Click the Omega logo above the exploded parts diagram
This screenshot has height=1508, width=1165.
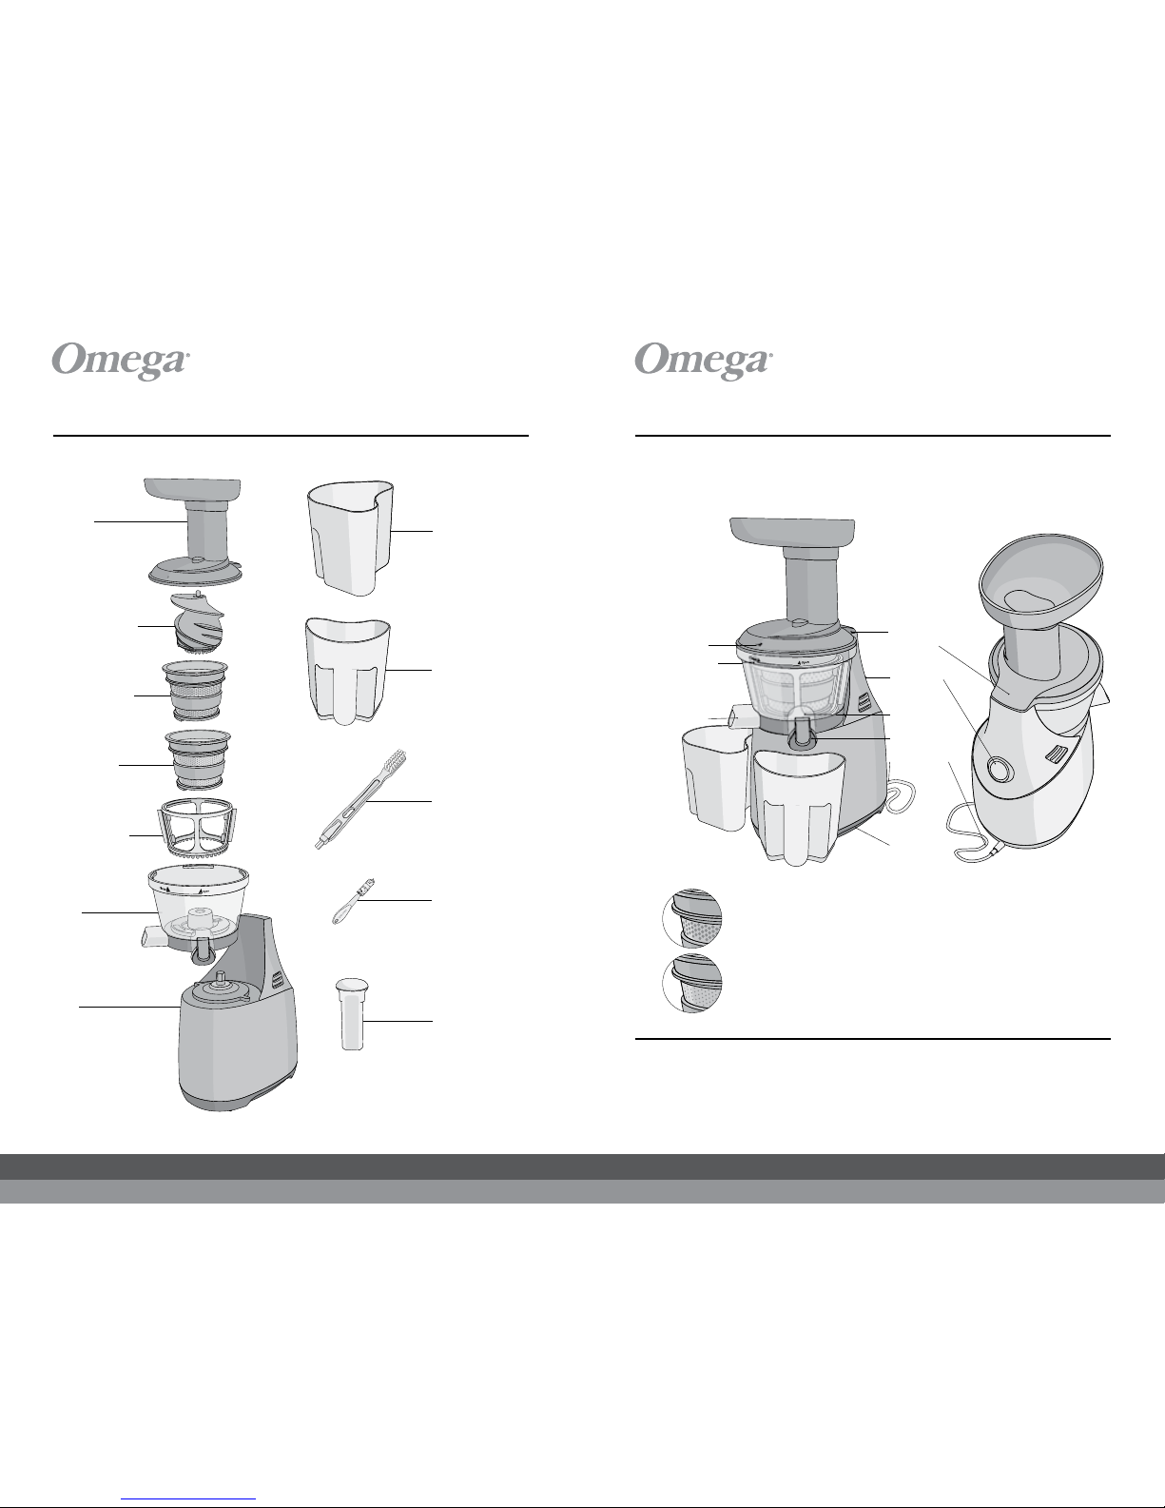(x=121, y=361)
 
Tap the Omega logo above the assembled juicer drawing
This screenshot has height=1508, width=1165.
(x=703, y=361)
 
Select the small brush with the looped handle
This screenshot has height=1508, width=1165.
(x=353, y=901)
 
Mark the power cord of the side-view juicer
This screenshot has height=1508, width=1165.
(x=966, y=830)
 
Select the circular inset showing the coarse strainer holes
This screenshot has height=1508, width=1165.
(x=692, y=918)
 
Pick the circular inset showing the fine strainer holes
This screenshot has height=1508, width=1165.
(x=692, y=983)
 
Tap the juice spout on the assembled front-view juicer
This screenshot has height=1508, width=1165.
(x=801, y=734)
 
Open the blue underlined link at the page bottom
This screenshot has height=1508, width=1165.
(x=188, y=1498)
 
